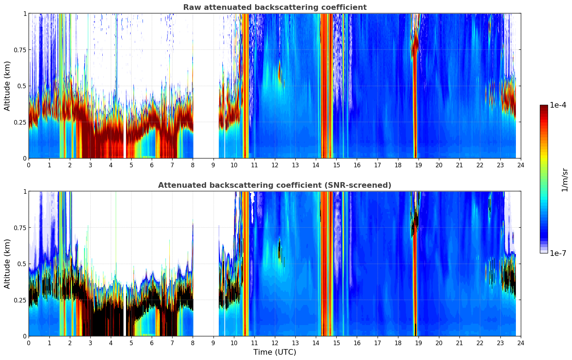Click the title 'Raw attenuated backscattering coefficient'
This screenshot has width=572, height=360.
(275, 7)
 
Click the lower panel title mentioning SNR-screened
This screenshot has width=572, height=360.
(275, 185)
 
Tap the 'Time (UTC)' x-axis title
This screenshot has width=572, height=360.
(275, 352)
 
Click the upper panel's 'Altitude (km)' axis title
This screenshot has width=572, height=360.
(7, 86)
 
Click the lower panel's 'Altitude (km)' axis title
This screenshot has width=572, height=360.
(7, 264)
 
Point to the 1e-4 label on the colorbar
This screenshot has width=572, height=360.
(558, 105)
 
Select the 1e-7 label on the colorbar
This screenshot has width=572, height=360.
(558, 253)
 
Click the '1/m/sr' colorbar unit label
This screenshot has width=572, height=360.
(565, 180)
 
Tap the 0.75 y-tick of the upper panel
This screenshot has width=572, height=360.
(20, 50)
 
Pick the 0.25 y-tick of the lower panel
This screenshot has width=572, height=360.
(20, 300)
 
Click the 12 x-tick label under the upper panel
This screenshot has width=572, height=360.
(275, 165)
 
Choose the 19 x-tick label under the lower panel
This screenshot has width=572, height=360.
(419, 343)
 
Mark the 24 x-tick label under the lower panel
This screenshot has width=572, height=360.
(521, 343)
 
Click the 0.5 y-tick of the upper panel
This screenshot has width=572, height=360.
(22, 86)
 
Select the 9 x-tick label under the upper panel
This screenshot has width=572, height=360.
(213, 165)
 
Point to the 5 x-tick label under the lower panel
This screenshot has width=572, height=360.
(131, 343)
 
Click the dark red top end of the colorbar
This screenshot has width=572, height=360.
(544, 107)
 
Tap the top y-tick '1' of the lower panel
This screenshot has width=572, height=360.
(25, 192)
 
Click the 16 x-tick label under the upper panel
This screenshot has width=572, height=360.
(357, 165)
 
